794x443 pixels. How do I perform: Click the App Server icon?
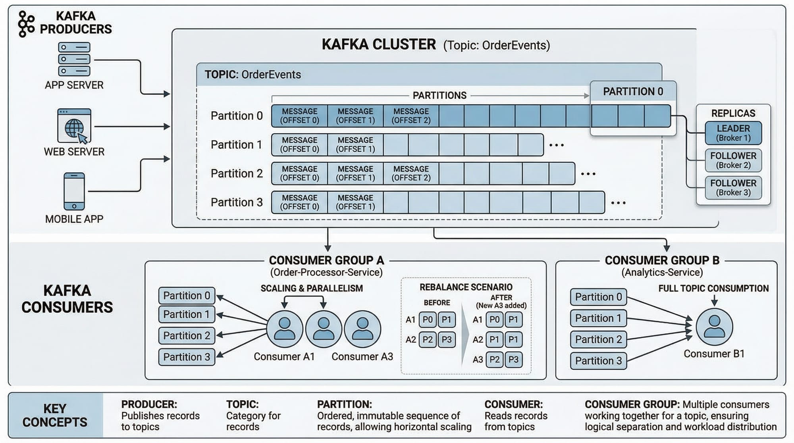[x=74, y=59]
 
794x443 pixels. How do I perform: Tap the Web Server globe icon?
[x=74, y=126]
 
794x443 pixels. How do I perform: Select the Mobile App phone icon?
[x=74, y=191]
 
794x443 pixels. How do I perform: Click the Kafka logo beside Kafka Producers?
[x=26, y=24]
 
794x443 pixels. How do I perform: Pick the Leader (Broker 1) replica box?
[x=733, y=133]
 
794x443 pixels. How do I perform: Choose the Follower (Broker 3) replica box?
[x=733, y=188]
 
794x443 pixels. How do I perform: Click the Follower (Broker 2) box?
[x=733, y=160]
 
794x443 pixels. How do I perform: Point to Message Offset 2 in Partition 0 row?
[x=411, y=116]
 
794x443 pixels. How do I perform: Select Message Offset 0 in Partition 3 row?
[x=300, y=202]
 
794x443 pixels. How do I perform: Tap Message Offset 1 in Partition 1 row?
[x=355, y=145]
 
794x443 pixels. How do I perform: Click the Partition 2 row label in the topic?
[x=237, y=173]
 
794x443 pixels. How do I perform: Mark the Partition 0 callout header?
[x=633, y=92]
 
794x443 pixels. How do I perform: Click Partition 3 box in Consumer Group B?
[x=598, y=361]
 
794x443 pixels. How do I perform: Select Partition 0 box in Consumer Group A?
[x=187, y=296]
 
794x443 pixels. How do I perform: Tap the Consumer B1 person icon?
[x=714, y=327]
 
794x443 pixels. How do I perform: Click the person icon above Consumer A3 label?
[x=362, y=329]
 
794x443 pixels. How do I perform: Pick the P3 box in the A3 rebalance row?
[x=513, y=360]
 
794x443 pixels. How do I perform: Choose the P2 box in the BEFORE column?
[x=428, y=340]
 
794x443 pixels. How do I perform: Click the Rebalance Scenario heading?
[x=466, y=287]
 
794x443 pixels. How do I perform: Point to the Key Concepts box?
[x=55, y=415]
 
